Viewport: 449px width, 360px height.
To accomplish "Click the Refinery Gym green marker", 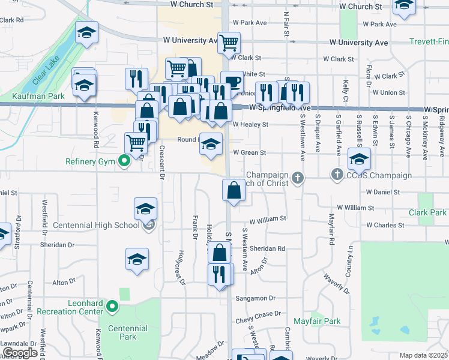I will click(x=124, y=160).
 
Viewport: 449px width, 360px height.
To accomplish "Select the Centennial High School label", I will click(x=96, y=225).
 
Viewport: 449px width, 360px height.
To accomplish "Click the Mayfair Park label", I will click(x=318, y=321).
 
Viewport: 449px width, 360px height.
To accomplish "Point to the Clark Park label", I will click(x=427, y=212).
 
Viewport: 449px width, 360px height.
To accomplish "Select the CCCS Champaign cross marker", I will click(x=336, y=175).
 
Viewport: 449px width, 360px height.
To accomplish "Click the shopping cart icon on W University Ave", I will click(x=229, y=43).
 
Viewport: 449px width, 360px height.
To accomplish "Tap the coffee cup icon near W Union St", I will click(x=232, y=82).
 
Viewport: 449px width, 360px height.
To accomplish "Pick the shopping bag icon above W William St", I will click(x=234, y=190).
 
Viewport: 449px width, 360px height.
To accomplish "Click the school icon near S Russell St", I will click(x=359, y=159).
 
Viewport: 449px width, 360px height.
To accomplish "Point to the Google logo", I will click(x=20, y=353).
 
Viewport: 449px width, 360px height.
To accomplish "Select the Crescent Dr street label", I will click(x=162, y=162).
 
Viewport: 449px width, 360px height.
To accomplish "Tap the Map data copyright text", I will click(x=423, y=355).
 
